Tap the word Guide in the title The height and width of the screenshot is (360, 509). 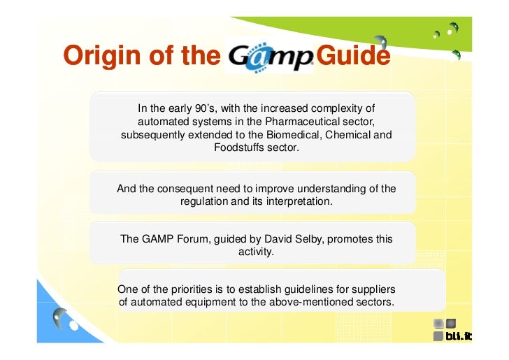[x=352, y=56]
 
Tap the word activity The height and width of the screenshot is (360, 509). [x=256, y=252]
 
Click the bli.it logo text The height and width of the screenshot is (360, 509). [x=459, y=336]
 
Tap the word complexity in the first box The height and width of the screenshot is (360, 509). [x=341, y=108]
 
